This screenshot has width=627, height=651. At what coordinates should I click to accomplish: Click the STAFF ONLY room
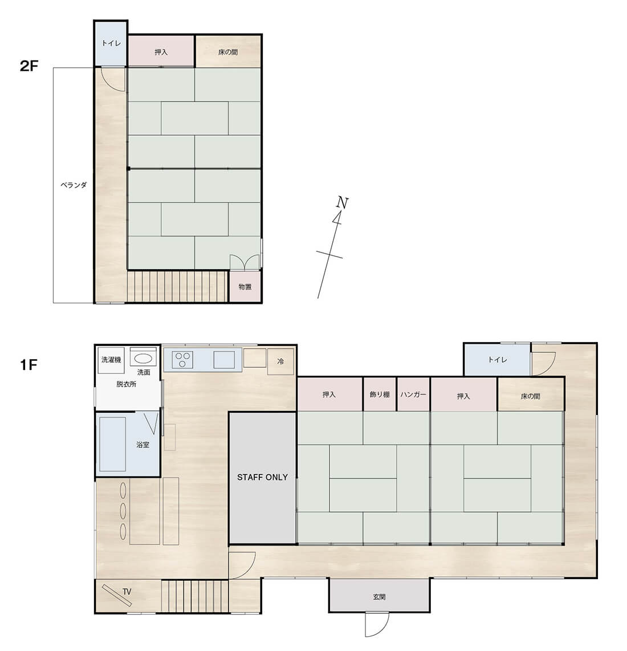[262, 478]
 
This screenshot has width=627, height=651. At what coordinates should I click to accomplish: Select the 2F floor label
[29, 66]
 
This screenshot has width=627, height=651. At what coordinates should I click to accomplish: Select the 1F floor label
[28, 364]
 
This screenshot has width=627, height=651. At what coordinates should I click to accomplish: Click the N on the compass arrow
[342, 202]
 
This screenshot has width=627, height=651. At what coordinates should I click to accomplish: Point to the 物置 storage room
[245, 287]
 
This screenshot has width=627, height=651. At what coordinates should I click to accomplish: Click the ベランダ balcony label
[74, 185]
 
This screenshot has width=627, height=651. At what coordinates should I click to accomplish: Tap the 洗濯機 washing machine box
[111, 360]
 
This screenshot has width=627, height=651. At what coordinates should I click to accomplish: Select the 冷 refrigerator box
[280, 361]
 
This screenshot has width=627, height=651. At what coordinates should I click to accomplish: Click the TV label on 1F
[127, 592]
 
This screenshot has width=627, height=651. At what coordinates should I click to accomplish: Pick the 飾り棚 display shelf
[380, 394]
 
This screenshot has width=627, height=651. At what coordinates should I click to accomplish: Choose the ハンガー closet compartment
[414, 394]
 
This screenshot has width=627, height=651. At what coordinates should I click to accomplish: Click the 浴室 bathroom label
[143, 445]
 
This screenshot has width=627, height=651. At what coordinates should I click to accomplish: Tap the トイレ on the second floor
[111, 43]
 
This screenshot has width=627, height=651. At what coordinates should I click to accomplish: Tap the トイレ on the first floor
[497, 360]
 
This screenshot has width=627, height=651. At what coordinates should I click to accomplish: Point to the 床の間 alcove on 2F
[228, 52]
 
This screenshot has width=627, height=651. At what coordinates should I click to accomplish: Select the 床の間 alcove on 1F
[531, 396]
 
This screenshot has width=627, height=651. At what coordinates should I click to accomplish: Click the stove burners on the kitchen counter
[183, 360]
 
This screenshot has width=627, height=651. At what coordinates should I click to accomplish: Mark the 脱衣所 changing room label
[126, 384]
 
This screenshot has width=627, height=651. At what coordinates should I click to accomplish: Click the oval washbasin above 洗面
[144, 359]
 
